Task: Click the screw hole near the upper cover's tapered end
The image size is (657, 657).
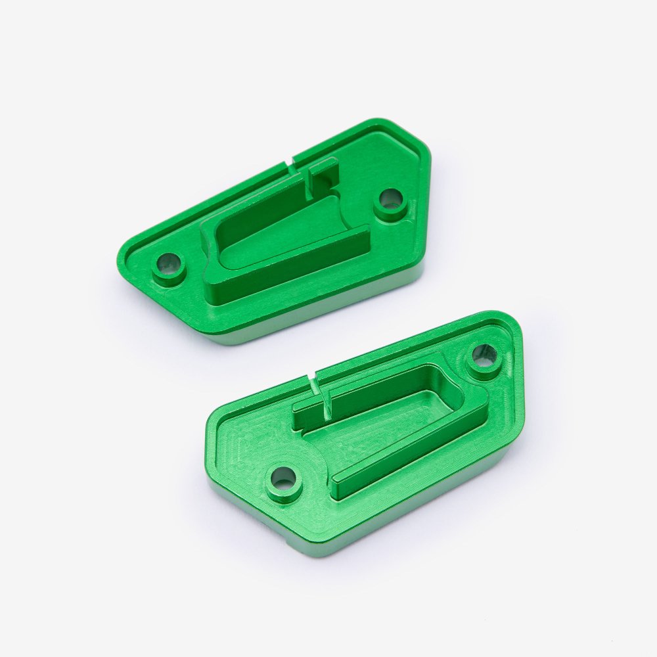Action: click(x=168, y=265)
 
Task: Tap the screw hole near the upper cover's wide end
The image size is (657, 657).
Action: click(x=390, y=198)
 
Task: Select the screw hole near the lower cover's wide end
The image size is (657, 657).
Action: click(x=485, y=355)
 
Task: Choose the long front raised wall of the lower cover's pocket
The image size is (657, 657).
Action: click(x=407, y=460)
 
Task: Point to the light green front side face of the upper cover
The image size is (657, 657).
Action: click(x=315, y=315)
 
